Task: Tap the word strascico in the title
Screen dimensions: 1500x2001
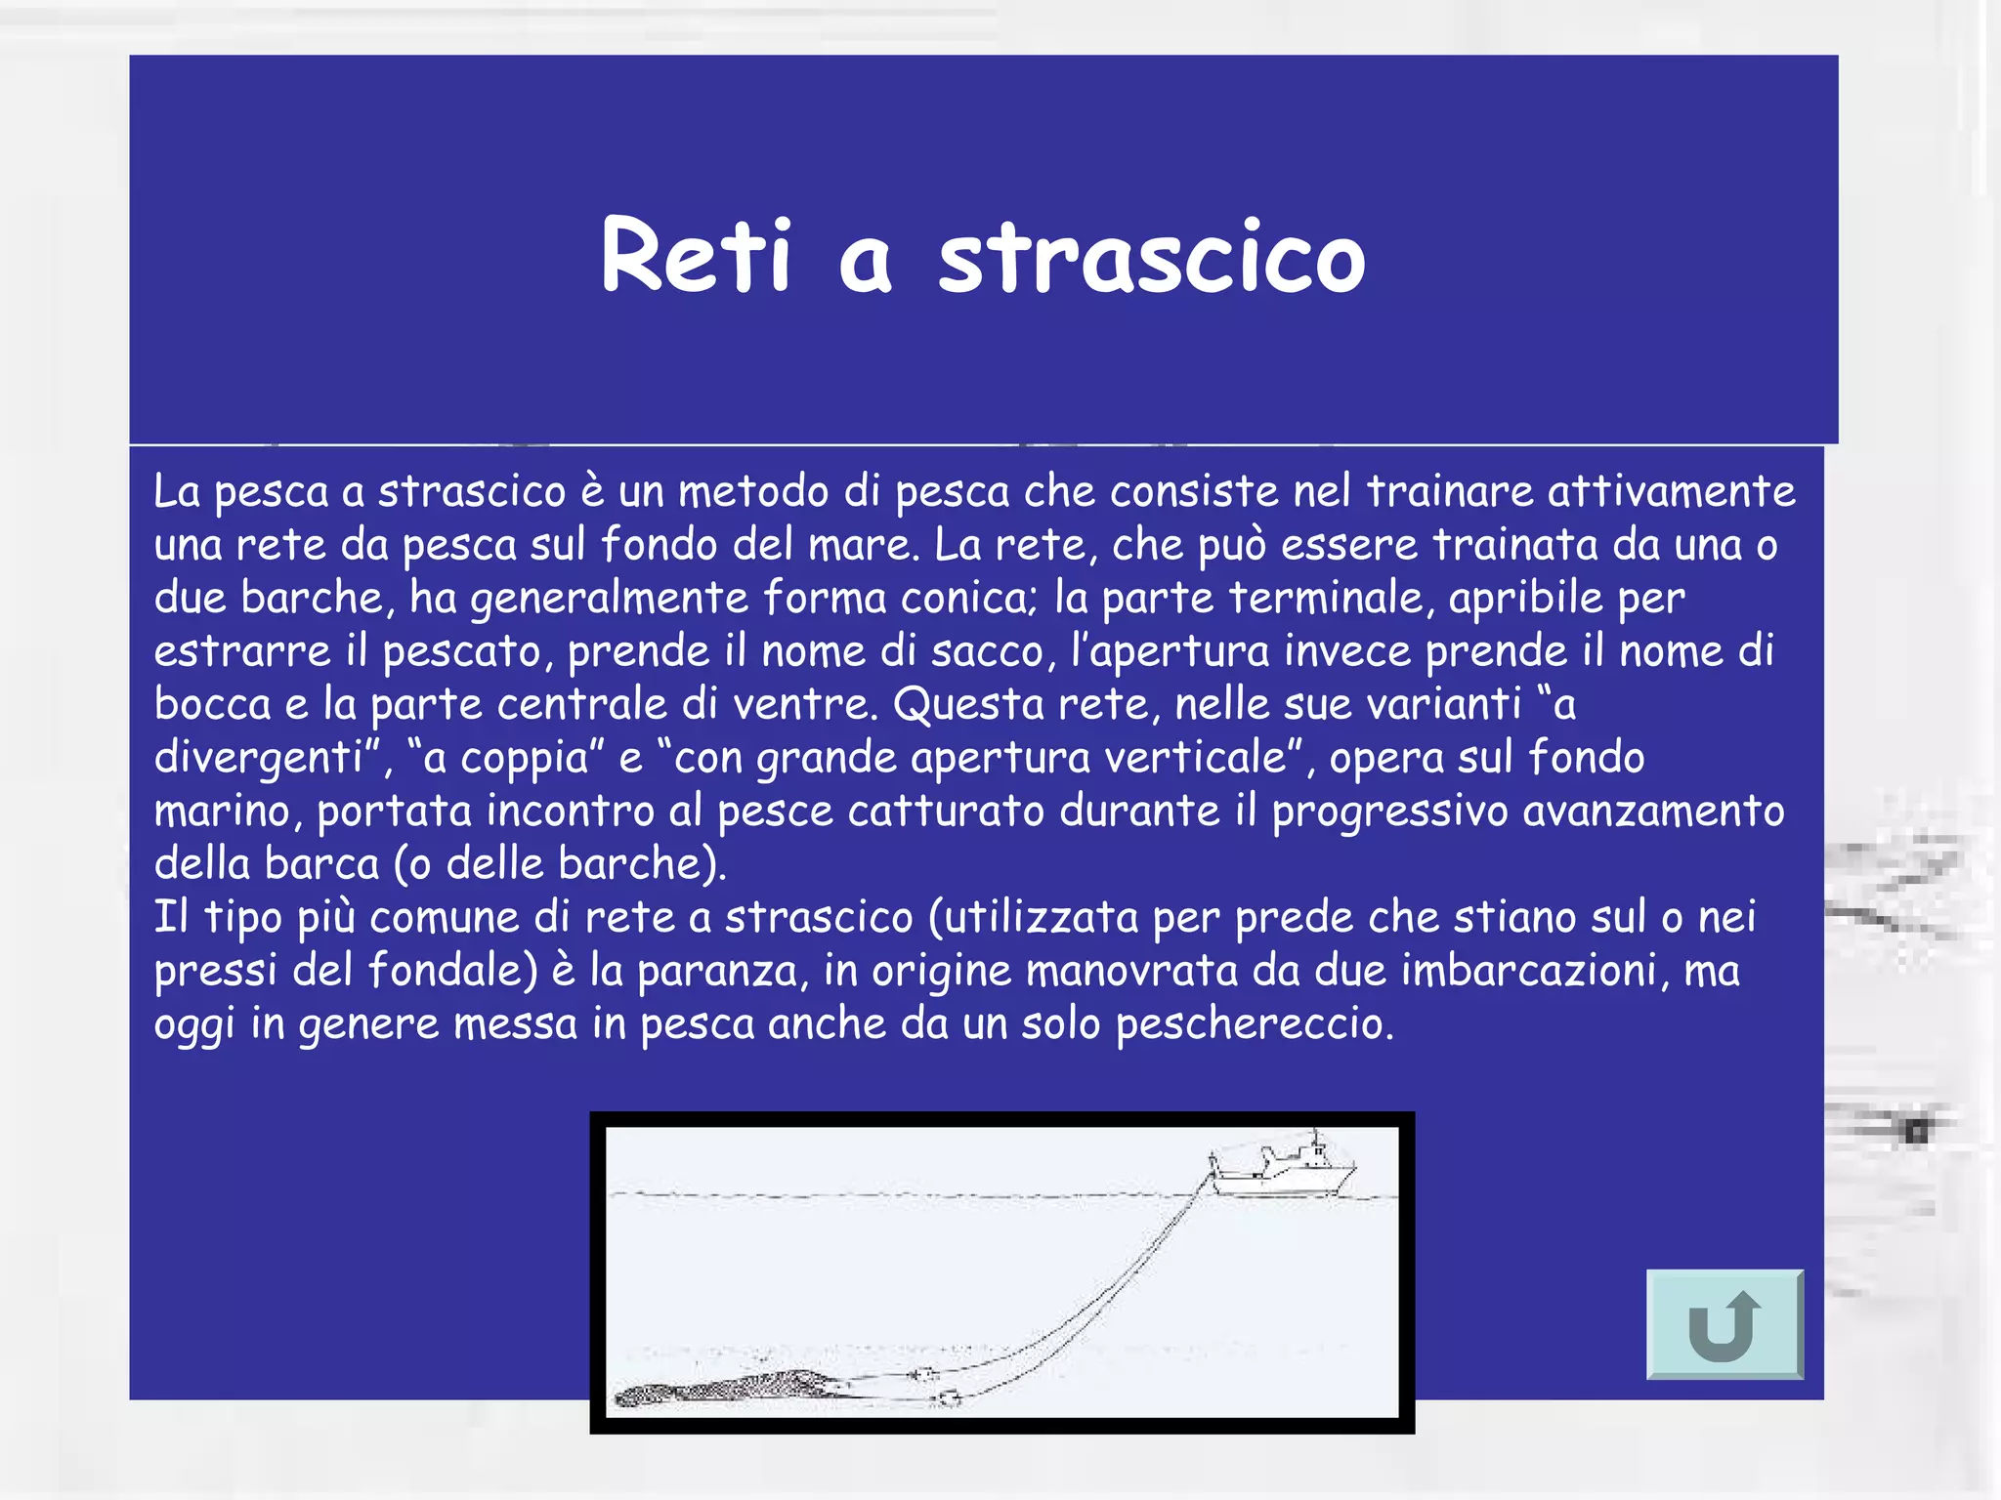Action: coord(1151,259)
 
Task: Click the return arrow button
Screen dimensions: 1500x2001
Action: coord(1724,1324)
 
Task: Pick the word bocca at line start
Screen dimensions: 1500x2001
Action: coord(212,704)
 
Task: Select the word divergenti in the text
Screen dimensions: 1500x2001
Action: coord(260,758)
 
